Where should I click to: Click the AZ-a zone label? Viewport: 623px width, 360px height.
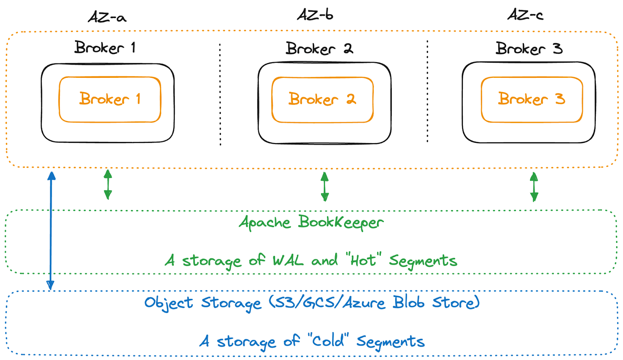point(107,17)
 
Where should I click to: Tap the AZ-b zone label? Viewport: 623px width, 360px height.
point(315,15)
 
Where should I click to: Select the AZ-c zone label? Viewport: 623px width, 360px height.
point(525,15)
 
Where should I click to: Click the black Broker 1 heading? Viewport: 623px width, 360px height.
point(105,47)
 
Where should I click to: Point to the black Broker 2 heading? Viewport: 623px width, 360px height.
point(319,49)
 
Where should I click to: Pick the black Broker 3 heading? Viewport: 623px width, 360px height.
point(529,49)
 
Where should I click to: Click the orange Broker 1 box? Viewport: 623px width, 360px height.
point(110,99)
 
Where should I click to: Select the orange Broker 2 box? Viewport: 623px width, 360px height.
point(322,100)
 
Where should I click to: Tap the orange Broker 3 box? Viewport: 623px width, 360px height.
point(531,99)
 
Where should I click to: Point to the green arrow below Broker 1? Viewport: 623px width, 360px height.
point(108,184)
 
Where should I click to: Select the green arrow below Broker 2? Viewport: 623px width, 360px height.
point(325,186)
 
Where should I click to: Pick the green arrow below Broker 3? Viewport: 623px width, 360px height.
point(534,187)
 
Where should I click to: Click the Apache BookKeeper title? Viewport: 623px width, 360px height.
point(311,223)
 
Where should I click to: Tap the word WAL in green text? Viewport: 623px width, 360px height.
point(288,260)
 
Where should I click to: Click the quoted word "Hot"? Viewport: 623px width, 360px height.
point(363,260)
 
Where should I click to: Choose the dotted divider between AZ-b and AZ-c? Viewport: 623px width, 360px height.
point(427,91)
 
